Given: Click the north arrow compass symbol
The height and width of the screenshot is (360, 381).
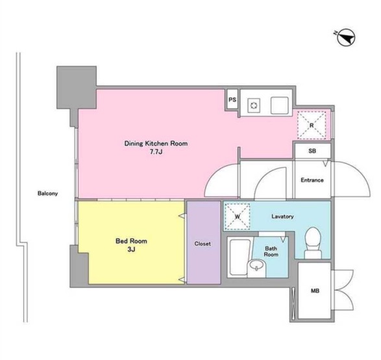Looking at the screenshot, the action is (346, 38).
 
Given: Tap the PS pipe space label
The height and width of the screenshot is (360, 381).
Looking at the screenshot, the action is (232, 99).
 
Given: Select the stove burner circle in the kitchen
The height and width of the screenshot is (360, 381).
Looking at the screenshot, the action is (254, 105).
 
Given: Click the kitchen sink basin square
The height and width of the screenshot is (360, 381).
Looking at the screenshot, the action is (280, 105).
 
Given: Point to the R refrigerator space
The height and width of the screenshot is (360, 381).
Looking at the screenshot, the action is (312, 125).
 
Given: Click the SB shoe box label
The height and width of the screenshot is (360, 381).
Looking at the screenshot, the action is (312, 151).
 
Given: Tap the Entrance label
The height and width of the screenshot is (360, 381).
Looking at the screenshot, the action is (312, 180).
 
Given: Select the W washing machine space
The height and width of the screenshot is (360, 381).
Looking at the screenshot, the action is (238, 216).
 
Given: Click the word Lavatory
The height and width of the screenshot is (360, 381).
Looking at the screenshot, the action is (282, 216).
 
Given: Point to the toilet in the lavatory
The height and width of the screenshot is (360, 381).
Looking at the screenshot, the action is (313, 243).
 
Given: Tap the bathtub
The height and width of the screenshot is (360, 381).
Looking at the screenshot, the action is (240, 257).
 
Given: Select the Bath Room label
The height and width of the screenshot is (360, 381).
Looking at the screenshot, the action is (271, 251).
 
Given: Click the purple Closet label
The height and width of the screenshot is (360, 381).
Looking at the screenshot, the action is (203, 244).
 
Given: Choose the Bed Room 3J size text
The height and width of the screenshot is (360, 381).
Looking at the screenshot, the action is (131, 250).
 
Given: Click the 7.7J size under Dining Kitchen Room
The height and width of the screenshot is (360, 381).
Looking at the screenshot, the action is (156, 152).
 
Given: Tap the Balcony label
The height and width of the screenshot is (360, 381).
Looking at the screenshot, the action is (47, 194).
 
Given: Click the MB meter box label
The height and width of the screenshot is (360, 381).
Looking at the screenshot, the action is (315, 290).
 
